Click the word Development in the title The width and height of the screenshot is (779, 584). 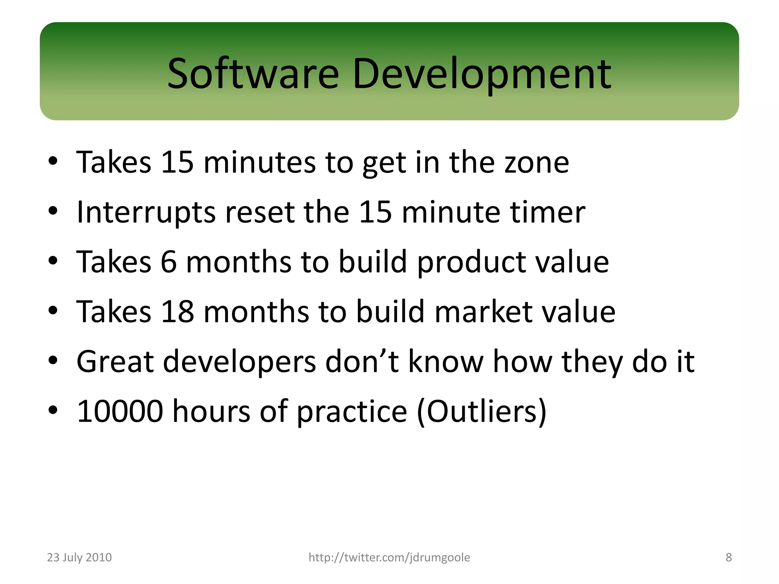pyautogui.click(x=482, y=74)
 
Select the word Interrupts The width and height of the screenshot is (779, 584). pyautogui.click(x=146, y=213)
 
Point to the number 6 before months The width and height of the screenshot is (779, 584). pyautogui.click(x=169, y=262)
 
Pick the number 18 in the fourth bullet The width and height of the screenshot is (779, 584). pyautogui.click(x=177, y=312)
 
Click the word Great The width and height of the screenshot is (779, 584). pyautogui.click(x=115, y=362)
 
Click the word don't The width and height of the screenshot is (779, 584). pyautogui.click(x=362, y=362)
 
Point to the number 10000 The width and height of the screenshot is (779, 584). pyautogui.click(x=120, y=411)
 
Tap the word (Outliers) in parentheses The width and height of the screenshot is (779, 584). pyautogui.click(x=482, y=411)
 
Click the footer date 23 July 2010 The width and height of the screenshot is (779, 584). pyautogui.click(x=79, y=557)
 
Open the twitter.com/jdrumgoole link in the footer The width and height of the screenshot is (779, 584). pyautogui.click(x=389, y=557)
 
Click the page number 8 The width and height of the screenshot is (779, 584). pyautogui.click(x=728, y=557)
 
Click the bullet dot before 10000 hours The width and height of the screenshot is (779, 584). pyautogui.click(x=53, y=410)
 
